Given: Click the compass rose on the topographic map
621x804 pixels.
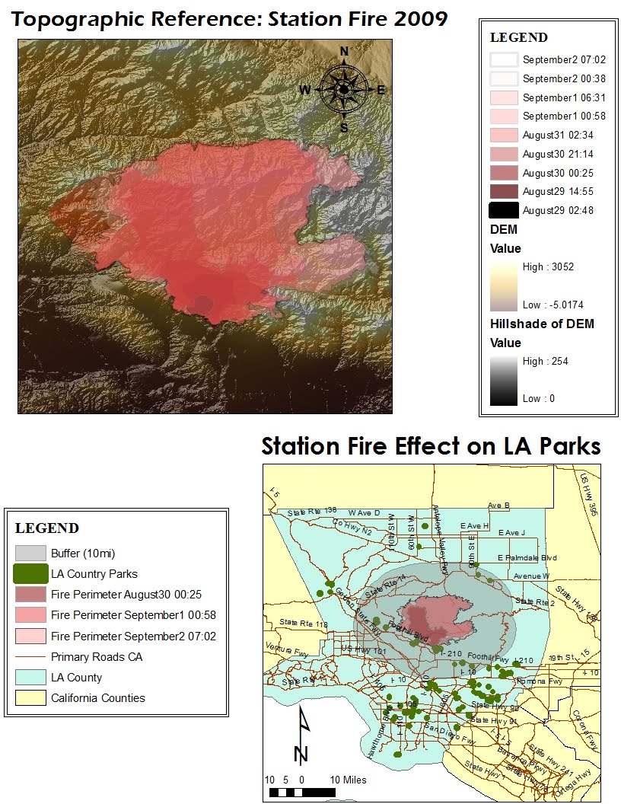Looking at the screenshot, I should (344, 89).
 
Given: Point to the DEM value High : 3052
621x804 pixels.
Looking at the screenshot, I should (548, 267).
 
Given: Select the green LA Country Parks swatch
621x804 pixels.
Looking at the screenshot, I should (31, 573).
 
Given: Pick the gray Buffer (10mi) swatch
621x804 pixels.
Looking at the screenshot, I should (31, 552).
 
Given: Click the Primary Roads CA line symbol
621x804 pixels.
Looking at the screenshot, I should (31, 656).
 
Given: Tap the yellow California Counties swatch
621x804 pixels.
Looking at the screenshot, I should (31, 697).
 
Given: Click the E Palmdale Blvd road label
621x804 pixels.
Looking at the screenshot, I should (527, 557).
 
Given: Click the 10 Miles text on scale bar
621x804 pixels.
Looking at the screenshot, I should (349, 780).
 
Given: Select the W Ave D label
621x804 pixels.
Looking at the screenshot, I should (364, 512).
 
